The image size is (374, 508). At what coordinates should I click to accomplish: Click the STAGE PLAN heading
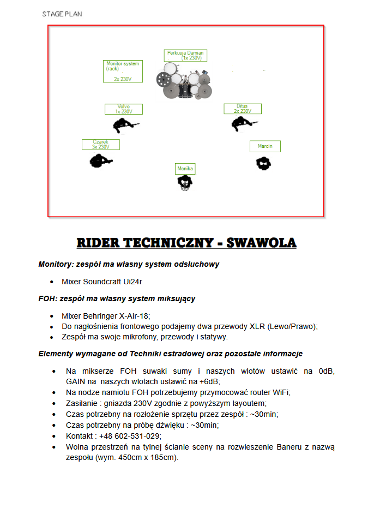62,14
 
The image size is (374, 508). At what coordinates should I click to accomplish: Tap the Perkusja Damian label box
185,56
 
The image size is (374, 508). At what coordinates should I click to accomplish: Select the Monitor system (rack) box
123,71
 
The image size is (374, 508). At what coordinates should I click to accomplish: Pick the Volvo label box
124,109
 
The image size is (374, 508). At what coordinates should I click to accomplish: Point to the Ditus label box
242,109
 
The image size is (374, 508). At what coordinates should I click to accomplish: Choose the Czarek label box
101,145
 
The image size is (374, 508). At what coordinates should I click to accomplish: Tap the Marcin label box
265,146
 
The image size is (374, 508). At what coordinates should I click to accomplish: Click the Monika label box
185,169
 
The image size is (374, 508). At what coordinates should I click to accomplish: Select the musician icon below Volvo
125,126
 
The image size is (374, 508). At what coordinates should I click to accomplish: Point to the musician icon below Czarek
100,160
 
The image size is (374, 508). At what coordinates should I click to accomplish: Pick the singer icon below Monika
185,183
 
